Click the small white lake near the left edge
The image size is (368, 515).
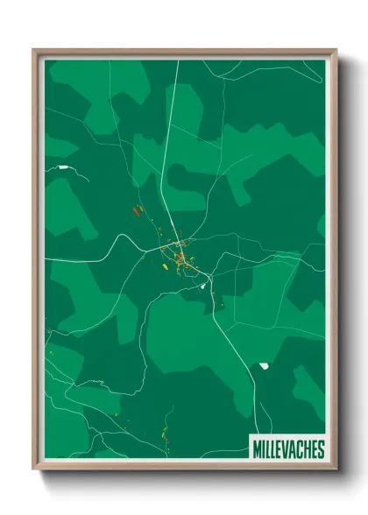coord(64,166)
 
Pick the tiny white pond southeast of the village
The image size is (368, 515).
coord(203,286)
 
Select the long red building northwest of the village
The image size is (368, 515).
coord(137,210)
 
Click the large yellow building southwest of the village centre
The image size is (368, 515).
coord(164,261)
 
